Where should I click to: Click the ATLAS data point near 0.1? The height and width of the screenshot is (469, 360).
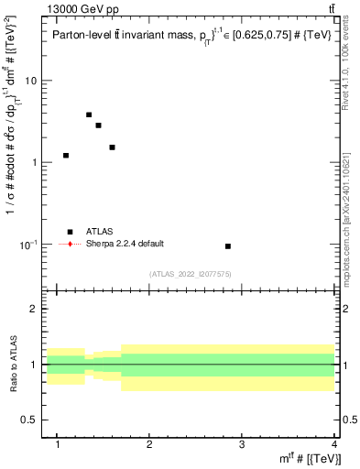(x=228, y=246)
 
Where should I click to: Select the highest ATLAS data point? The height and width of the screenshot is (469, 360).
(x=89, y=115)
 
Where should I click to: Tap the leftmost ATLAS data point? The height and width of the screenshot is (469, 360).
(x=66, y=156)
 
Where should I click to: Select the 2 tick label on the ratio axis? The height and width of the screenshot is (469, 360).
(x=33, y=310)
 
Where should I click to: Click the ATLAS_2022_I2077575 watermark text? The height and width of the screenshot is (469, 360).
(x=190, y=273)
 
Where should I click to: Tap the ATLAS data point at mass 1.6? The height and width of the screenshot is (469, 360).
(x=112, y=147)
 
